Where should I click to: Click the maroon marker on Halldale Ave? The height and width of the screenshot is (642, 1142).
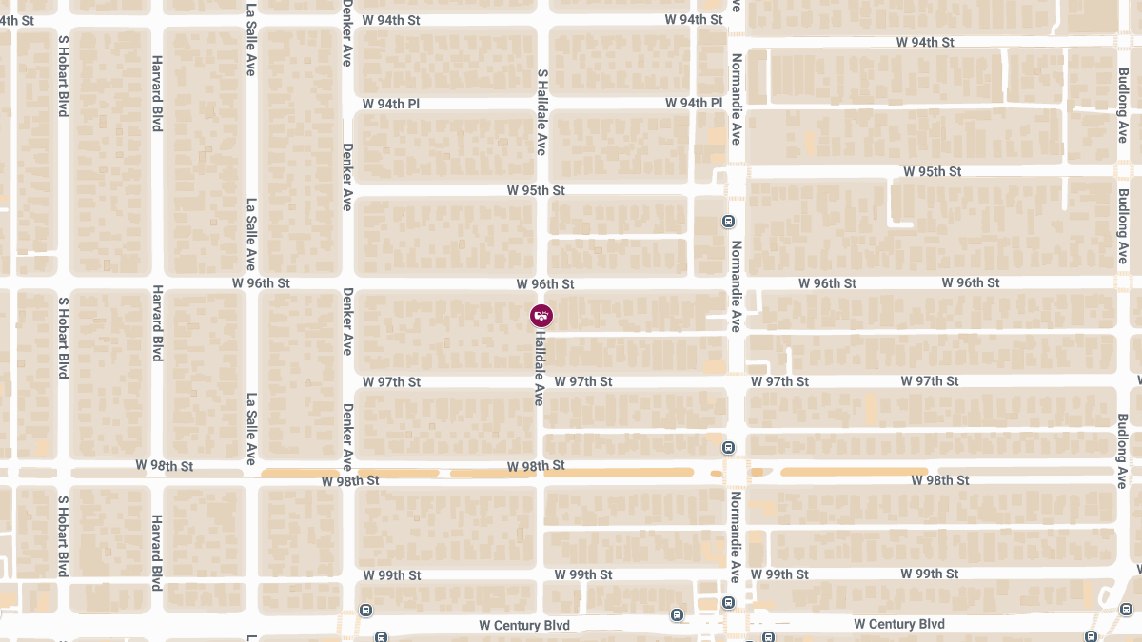tap(541, 315)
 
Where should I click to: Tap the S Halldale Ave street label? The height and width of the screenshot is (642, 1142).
tap(542, 111)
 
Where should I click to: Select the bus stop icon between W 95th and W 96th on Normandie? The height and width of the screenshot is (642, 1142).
tap(728, 222)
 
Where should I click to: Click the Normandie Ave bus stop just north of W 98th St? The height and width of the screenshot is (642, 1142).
tap(728, 447)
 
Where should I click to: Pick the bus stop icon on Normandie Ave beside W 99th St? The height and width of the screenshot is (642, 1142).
tap(728, 602)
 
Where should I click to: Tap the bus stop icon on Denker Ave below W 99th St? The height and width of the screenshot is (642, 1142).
tap(365, 610)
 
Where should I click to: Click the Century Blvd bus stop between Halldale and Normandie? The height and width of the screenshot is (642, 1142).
tap(677, 614)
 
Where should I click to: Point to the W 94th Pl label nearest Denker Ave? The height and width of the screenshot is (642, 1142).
tap(391, 103)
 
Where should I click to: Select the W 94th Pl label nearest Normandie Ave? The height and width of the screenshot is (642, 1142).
tap(694, 103)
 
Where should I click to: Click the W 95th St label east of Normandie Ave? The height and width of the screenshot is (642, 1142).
tap(932, 171)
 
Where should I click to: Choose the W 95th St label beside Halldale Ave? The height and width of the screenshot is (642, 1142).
tap(535, 190)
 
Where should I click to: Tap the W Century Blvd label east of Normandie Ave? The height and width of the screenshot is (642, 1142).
tap(898, 624)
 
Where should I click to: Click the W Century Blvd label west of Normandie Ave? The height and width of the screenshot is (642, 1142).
tap(523, 625)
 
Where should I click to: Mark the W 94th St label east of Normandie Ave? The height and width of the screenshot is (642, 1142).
tap(925, 42)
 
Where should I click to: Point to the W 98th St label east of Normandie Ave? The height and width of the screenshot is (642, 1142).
tap(939, 480)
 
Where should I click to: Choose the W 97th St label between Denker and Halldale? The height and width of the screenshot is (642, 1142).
tap(391, 381)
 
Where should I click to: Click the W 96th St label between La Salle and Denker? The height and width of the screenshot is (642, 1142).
tap(261, 283)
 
